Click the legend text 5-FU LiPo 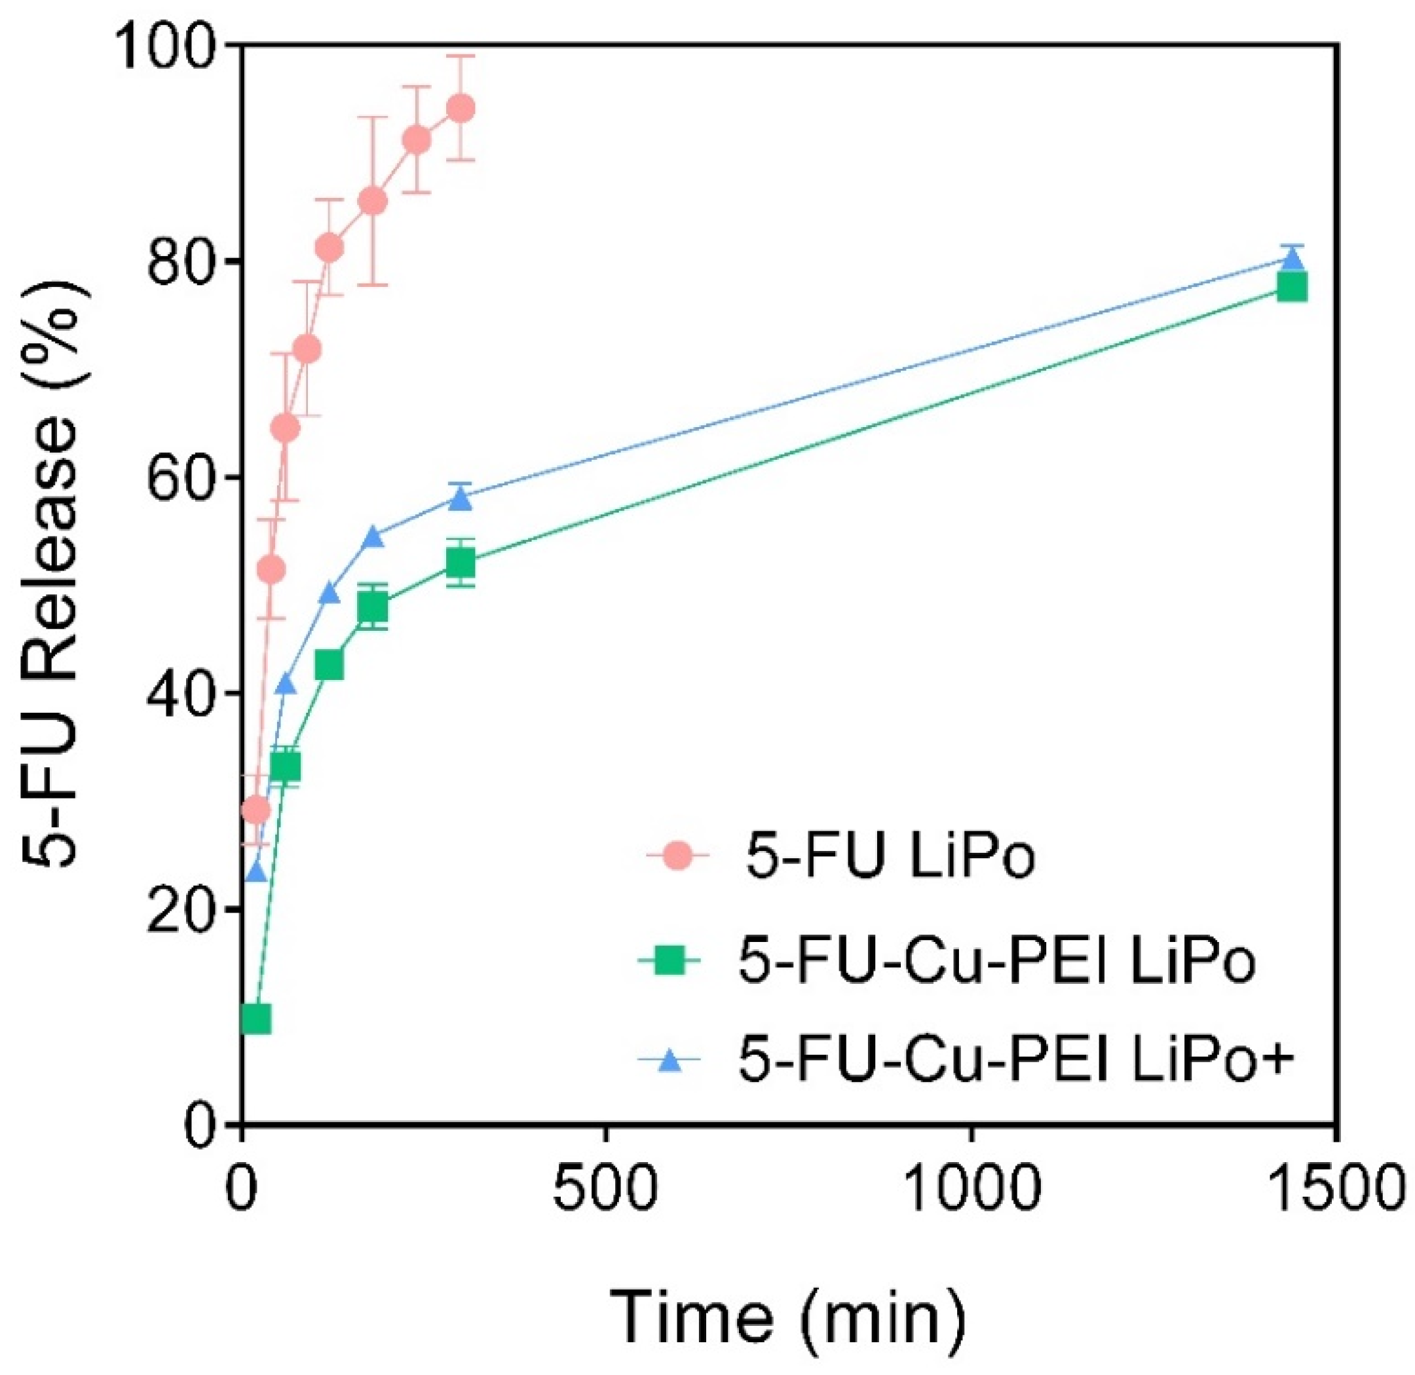[x=890, y=857]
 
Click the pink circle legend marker [x=677, y=857]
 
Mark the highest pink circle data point [x=460, y=108]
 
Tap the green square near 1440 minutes [x=1291, y=288]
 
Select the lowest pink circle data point [x=255, y=811]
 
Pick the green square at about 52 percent [x=460, y=563]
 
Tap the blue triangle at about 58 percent [x=460, y=499]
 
